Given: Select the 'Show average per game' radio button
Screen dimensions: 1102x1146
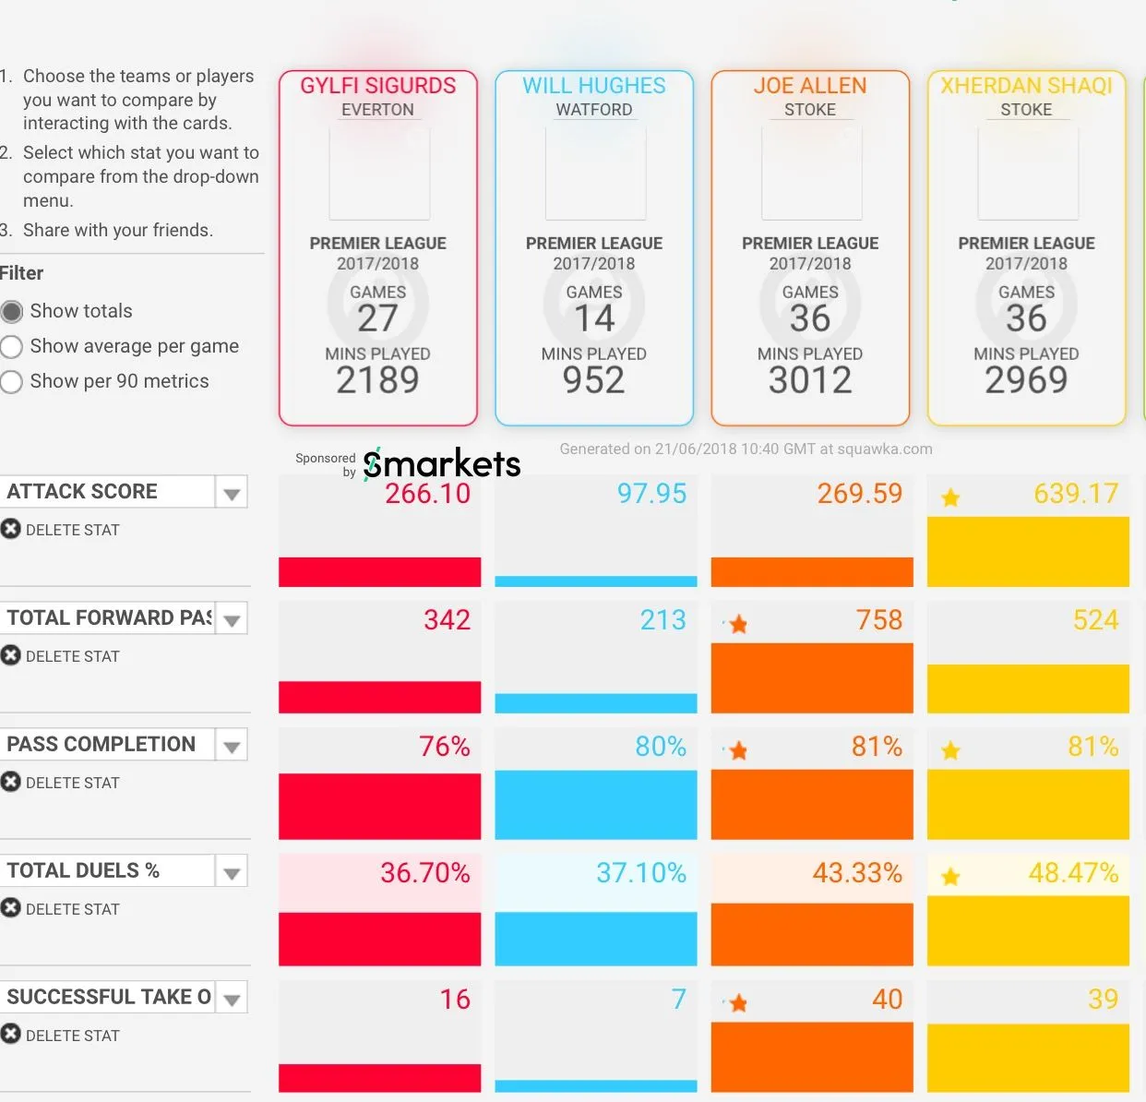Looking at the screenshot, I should pyautogui.click(x=12, y=347).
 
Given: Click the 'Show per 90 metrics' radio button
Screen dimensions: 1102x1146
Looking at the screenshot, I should pyautogui.click(x=12, y=382).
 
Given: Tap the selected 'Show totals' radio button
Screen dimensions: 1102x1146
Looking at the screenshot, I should pyautogui.click(x=12, y=312).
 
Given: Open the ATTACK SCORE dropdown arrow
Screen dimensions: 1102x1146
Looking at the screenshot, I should pyautogui.click(x=232, y=494).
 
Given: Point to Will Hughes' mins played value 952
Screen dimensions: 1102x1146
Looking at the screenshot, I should pyautogui.click(x=594, y=380).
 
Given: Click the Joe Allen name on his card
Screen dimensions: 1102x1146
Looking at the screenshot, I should pyautogui.click(x=810, y=86).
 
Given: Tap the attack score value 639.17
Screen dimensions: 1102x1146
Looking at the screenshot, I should pyautogui.click(x=1076, y=494).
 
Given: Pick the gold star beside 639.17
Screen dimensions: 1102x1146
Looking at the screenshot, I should pyautogui.click(x=950, y=498).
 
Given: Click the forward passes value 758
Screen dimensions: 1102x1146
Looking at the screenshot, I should pyautogui.click(x=879, y=620).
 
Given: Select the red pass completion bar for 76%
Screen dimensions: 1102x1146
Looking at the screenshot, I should pyautogui.click(x=379, y=806).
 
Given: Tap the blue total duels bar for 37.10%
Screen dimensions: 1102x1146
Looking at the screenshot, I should pyautogui.click(x=595, y=938).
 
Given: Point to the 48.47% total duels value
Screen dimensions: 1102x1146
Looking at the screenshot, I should pyautogui.click(x=1073, y=873).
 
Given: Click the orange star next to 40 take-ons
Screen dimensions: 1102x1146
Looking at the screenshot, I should pyautogui.click(x=738, y=1003).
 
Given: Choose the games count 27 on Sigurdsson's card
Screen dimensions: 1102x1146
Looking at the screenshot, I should pyautogui.click(x=377, y=318).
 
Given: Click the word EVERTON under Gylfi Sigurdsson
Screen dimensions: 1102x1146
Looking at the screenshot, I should pyautogui.click(x=377, y=110).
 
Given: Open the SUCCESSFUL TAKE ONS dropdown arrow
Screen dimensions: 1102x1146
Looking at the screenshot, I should pyautogui.click(x=232, y=1000).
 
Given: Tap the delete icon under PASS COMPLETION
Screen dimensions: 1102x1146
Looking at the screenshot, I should pyautogui.click(x=11, y=782).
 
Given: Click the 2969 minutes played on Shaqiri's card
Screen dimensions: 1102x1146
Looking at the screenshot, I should pyautogui.click(x=1026, y=380).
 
